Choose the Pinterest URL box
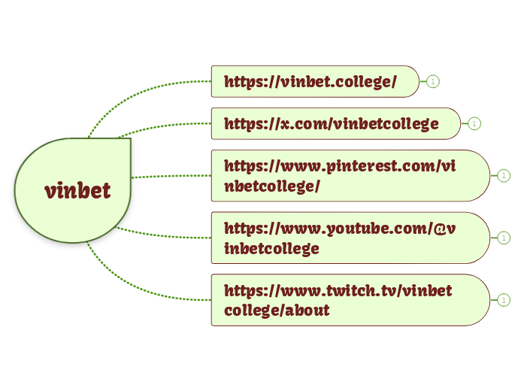click(350, 176)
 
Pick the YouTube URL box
click(350, 238)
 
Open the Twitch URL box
click(350, 299)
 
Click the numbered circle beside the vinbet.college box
click(433, 81)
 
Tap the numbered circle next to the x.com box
click(474, 123)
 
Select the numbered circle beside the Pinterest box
click(504, 176)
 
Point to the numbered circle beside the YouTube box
click(504, 238)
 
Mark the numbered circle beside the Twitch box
click(504, 299)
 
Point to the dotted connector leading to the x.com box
click(165, 126)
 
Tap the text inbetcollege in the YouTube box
click(271, 248)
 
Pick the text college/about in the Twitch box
click(277, 310)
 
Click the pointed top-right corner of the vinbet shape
click(129, 140)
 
